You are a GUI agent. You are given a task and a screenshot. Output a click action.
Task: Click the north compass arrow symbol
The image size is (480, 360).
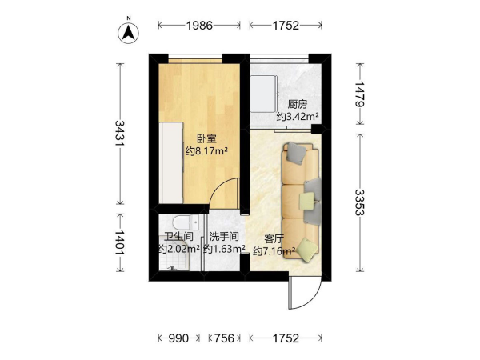(129, 33)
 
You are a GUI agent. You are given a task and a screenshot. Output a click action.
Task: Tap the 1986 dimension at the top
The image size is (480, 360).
(199, 26)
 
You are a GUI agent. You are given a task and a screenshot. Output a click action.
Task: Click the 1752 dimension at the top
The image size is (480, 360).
(286, 26)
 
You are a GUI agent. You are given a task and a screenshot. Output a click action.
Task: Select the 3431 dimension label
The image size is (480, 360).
(120, 133)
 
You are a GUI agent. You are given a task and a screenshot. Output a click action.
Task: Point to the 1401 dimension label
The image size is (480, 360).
(120, 242)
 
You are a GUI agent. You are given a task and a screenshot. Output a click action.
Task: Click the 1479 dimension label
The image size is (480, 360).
(360, 94)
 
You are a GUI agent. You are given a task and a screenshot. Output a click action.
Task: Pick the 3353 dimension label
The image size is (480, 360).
(360, 202)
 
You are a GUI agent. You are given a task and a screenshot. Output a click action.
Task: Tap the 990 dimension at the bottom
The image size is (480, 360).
(178, 338)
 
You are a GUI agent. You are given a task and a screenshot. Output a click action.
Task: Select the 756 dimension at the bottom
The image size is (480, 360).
(224, 338)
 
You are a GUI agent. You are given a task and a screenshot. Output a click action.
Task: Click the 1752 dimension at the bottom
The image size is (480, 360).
(286, 338)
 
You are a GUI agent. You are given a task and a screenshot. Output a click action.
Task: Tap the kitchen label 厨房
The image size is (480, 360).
(298, 105)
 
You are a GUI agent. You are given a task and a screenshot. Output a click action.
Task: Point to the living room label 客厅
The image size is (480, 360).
(274, 238)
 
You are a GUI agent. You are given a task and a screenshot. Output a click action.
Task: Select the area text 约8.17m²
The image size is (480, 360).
(206, 151)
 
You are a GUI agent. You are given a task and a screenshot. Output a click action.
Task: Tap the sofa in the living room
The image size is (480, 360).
(302, 202)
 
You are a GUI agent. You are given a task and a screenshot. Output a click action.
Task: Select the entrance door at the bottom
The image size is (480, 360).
(305, 292)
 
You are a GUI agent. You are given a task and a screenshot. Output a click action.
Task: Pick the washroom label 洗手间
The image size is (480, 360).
(224, 237)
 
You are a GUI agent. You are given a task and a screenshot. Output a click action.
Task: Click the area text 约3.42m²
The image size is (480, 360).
(298, 117)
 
